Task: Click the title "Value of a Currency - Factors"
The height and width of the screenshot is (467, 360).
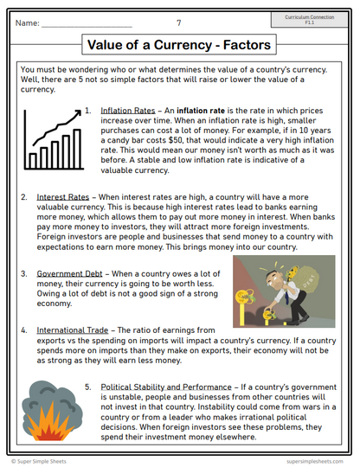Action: tap(180, 44)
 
